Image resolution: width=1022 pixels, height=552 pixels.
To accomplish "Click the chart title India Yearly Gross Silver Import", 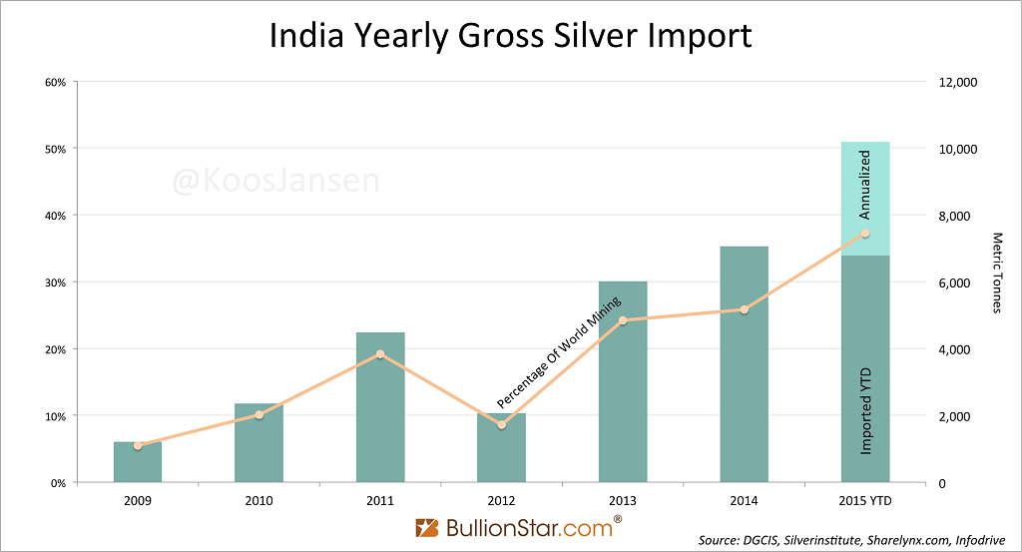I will (510, 36).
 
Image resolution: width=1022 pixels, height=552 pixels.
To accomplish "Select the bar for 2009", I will (138, 462).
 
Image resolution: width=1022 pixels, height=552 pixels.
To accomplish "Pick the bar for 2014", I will (744, 364).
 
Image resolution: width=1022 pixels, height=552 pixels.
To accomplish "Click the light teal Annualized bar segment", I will (865, 199).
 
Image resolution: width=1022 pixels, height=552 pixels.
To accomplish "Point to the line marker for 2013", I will (623, 320).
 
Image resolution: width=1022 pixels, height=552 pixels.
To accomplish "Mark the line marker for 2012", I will (501, 425).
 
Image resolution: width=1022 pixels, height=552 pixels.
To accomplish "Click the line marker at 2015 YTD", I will (865, 234).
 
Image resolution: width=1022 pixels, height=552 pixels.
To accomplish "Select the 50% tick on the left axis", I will (55, 149).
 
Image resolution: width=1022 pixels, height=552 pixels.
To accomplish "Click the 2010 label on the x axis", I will (258, 500).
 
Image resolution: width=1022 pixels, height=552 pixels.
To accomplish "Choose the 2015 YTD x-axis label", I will (865, 500).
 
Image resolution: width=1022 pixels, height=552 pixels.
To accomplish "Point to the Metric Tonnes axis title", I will (997, 273).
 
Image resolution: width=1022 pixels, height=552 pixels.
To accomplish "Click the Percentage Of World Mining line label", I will (559, 351).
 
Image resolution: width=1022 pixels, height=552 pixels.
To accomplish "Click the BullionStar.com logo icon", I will (427, 526).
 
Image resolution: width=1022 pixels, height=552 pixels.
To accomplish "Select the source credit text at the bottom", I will (854, 540).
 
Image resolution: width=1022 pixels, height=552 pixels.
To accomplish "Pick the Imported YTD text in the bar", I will (866, 410).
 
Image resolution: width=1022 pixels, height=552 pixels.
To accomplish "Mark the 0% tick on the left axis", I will (57, 483).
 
